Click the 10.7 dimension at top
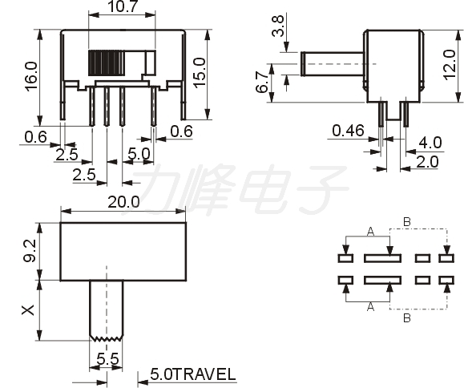[x=123, y=6]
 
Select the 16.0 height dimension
[x=31, y=76]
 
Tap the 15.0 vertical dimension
[x=200, y=73]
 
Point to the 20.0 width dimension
[x=123, y=203]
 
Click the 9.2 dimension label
[x=30, y=251]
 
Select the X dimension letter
[x=28, y=310]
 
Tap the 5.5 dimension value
[x=107, y=359]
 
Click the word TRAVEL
[x=204, y=374]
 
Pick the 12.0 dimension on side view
[x=450, y=65]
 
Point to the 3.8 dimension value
[x=278, y=26]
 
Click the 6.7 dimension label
[x=262, y=83]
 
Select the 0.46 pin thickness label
[x=348, y=131]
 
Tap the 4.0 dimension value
[x=430, y=143]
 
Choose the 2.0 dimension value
[x=427, y=162]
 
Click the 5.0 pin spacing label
[x=139, y=154]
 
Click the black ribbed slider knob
[x=107, y=63]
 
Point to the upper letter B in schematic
[x=407, y=222]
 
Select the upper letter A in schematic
[x=370, y=232]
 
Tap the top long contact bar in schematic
[x=382, y=258]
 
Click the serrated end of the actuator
[x=107, y=338]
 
